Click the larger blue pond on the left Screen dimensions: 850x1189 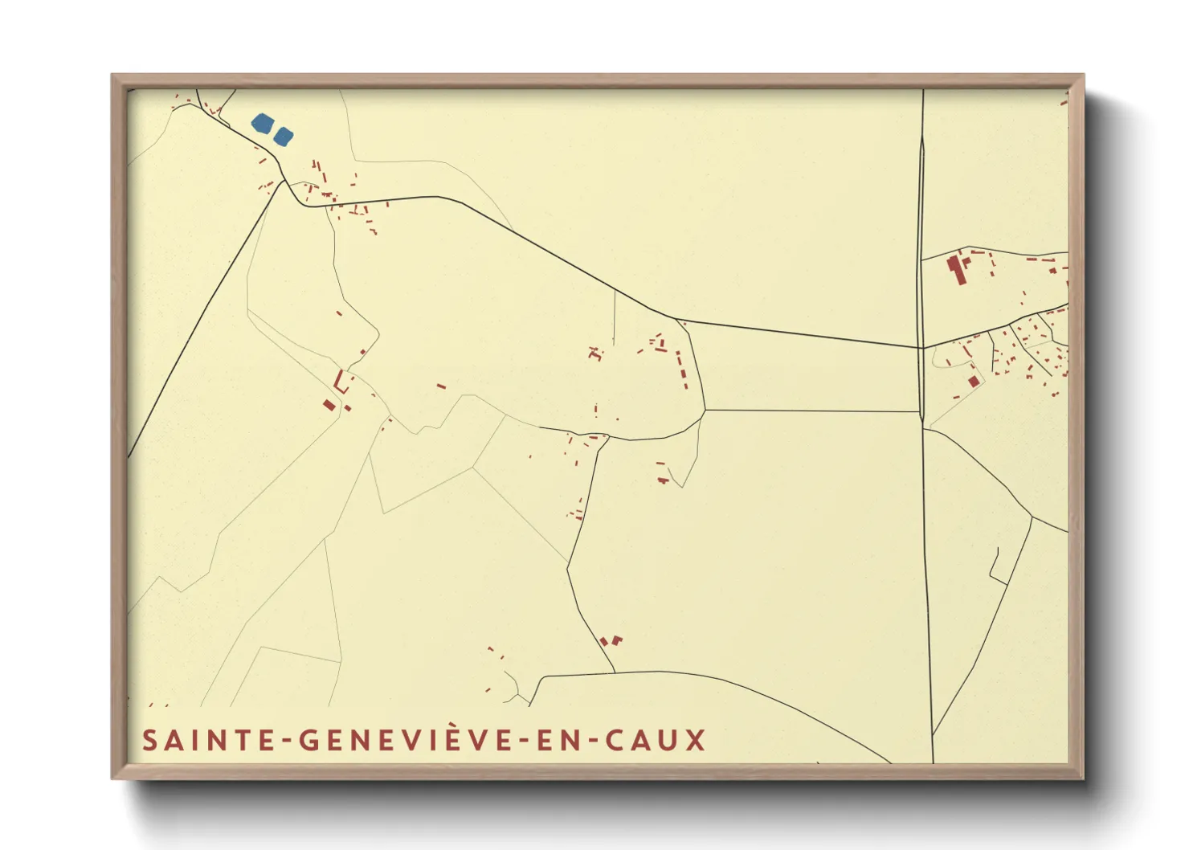[x=262, y=123]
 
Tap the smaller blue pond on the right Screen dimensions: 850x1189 [x=283, y=136]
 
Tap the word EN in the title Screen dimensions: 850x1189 [x=559, y=740]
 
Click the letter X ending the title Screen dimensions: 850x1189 [x=696, y=740]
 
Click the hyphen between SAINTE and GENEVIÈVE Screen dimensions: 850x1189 [x=289, y=741]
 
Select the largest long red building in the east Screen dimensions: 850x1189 [x=956, y=269]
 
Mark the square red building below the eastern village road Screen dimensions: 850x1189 [x=974, y=381]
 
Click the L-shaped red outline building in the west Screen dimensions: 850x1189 [x=341, y=382]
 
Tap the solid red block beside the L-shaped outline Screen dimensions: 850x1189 [x=329, y=405]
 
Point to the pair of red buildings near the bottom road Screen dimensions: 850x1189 [x=611, y=641]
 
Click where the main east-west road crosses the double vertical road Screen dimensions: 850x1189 [x=921, y=348]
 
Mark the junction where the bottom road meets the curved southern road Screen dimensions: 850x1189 [x=615, y=672]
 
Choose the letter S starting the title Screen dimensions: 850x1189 [x=149, y=740]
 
